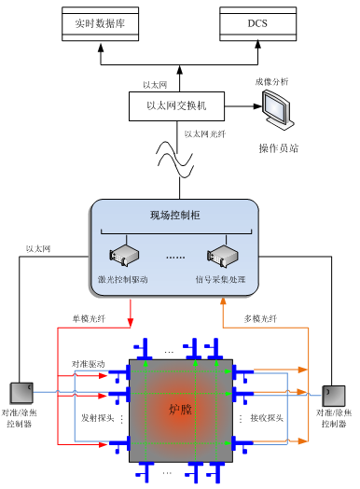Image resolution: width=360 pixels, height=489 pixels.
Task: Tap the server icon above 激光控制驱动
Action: click(x=123, y=256)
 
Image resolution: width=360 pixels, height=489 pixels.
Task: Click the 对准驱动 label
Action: click(x=89, y=363)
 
